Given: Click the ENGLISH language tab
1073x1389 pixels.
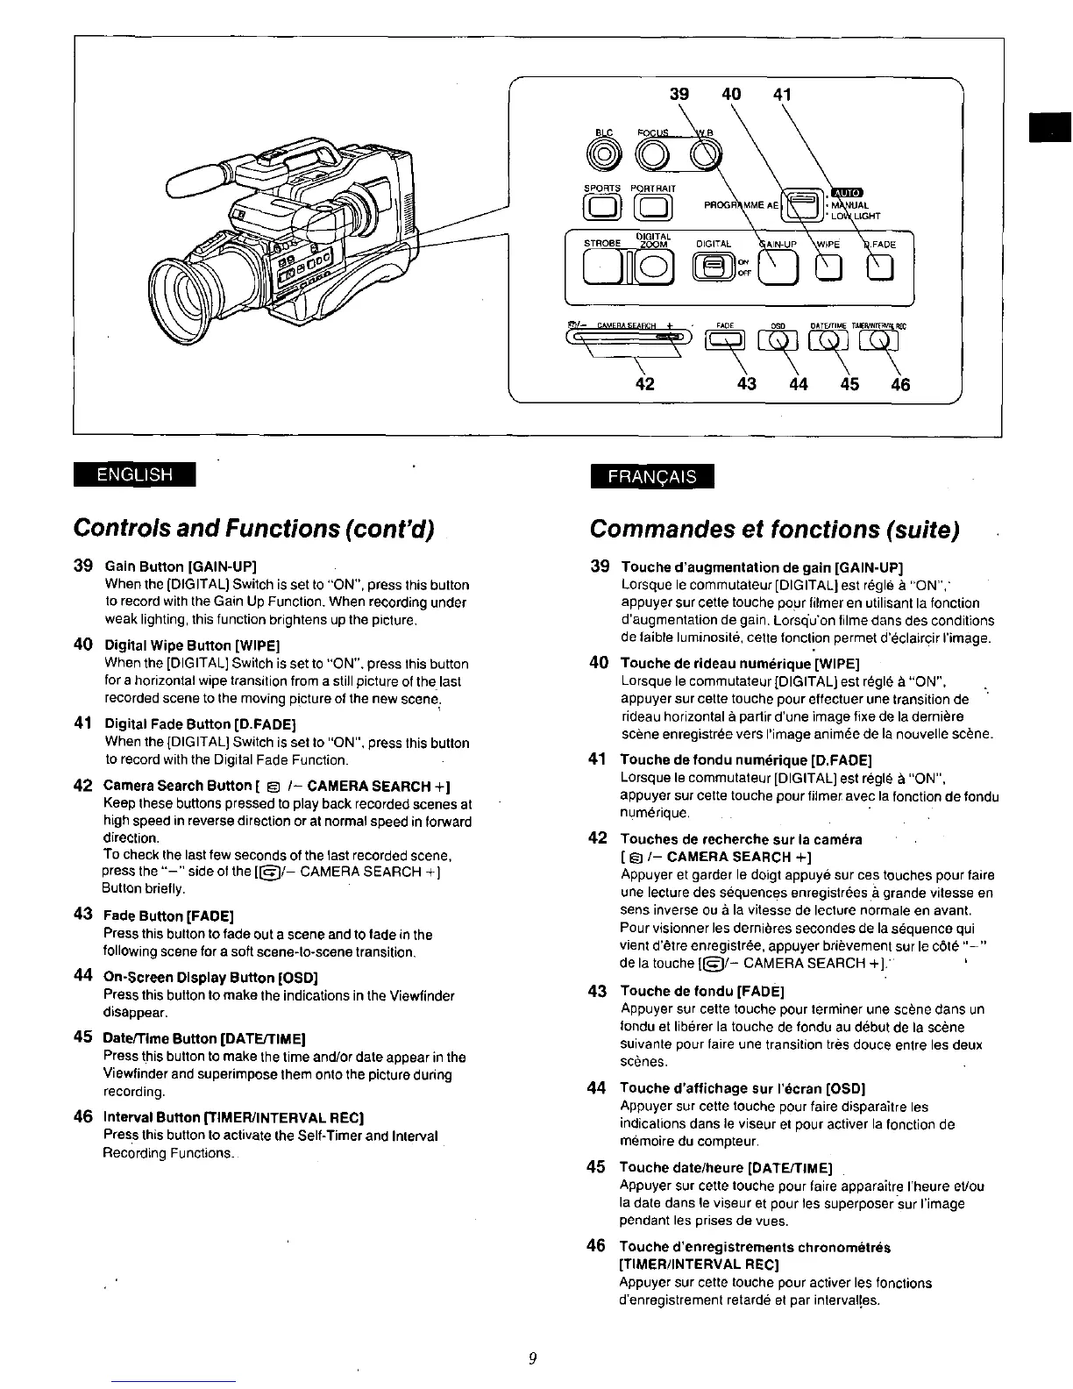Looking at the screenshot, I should point(134,474).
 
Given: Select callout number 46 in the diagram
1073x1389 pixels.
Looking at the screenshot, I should point(900,383).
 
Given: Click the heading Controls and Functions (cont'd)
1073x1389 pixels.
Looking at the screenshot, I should point(255,528).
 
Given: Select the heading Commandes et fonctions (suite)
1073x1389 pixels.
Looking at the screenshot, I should point(775,529).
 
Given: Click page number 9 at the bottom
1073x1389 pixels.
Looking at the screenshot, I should point(532,1359).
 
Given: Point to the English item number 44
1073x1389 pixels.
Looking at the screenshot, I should point(83,975).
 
